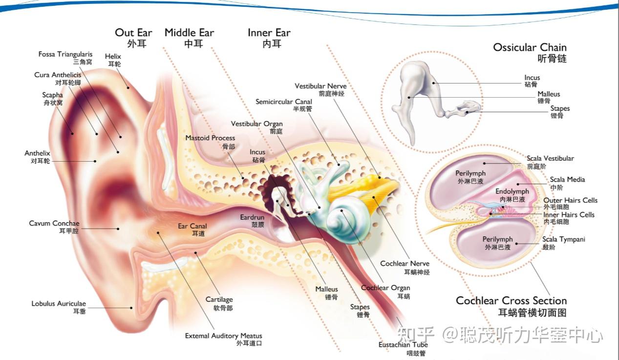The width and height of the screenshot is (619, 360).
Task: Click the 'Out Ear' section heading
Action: pyautogui.click(x=133, y=33)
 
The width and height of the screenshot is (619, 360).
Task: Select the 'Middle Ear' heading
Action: pyautogui.click(x=189, y=33)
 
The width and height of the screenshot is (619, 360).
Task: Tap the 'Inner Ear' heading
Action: pyautogui.click(x=269, y=33)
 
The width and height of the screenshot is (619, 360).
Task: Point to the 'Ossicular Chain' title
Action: pyautogui.click(x=530, y=47)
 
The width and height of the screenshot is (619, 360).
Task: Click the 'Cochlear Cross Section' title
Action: pyautogui.click(x=511, y=300)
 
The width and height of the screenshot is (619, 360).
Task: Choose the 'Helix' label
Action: pyautogui.click(x=113, y=57)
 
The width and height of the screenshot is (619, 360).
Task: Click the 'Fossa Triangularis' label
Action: pyautogui.click(x=65, y=54)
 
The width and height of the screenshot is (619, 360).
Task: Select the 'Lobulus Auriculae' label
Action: pyautogui.click(x=59, y=303)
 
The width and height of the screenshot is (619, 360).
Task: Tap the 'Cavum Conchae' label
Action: pyautogui.click(x=54, y=223)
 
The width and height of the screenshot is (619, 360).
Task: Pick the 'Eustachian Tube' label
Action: pyautogui.click(x=403, y=345)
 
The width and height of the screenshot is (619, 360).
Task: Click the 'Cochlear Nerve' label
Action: pyautogui.click(x=405, y=264)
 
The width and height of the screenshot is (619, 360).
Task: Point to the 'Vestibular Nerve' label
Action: pyautogui.click(x=320, y=86)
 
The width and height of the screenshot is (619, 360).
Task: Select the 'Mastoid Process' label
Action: pyautogui.click(x=210, y=138)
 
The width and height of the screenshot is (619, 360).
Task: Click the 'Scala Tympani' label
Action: pyautogui.click(x=563, y=239)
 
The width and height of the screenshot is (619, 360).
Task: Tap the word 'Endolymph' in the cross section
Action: pyautogui.click(x=512, y=191)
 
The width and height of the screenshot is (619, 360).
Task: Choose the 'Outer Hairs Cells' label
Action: pyautogui.click(x=570, y=200)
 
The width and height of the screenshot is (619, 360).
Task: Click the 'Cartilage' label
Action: pyautogui.click(x=219, y=299)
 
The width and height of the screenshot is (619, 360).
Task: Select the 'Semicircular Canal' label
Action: pyautogui.click(x=284, y=102)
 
